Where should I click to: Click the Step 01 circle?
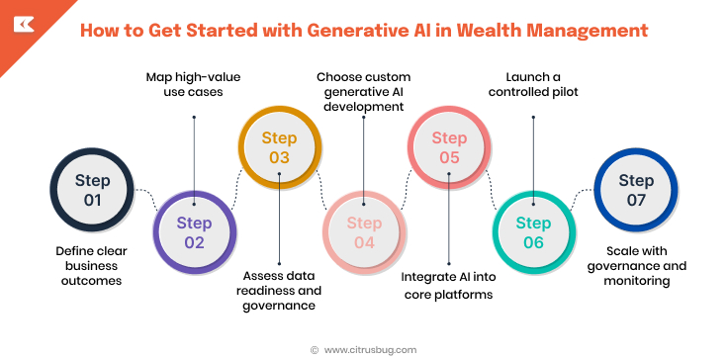[92, 191]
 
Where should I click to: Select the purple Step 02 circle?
[194, 233]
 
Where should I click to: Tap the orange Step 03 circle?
[280, 147]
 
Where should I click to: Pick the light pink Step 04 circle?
[364, 233]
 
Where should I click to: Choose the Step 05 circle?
[449, 147]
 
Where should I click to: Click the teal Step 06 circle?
[534, 233]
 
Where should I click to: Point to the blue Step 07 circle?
[636, 191]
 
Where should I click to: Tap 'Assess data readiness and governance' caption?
[280, 290]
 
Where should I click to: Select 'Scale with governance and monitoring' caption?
[637, 266]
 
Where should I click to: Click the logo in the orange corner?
[21, 21]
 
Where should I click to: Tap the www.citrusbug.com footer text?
[370, 349]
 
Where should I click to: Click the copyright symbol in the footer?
[315, 349]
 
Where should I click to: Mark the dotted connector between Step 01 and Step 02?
[146, 198]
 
